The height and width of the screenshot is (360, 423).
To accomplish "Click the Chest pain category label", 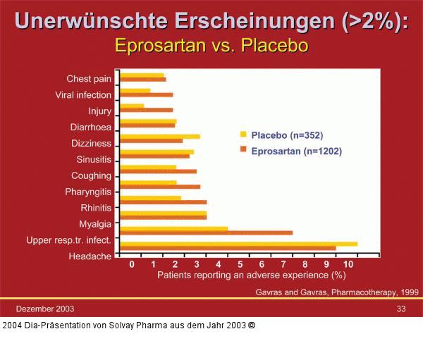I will coord(89,79).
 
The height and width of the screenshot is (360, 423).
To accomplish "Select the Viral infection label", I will coord(83,95).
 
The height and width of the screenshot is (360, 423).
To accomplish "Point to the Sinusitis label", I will coord(94,159).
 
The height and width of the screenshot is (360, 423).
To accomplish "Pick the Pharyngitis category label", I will coord(88,192).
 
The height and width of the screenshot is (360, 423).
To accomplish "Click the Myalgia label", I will coord(95,224).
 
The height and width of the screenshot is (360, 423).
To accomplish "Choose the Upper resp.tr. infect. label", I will coord(68,240).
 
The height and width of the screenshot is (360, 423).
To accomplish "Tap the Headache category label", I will coord(90,256).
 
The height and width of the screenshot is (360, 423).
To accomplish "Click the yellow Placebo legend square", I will coord(243,135).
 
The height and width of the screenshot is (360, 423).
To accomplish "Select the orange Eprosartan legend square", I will coord(243,150).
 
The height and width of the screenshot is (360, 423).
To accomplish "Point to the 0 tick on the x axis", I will coord(132,264).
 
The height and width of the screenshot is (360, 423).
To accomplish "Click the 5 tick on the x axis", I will coord(240,264).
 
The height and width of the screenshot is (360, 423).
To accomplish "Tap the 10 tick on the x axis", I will coord(350,264).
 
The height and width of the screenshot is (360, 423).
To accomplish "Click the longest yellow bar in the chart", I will coord(239,244).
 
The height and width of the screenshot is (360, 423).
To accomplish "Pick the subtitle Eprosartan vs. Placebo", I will coord(211,46).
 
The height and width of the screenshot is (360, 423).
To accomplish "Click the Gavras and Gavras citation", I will coord(336,292).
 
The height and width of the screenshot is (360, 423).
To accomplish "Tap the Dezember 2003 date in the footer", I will coord(45,309).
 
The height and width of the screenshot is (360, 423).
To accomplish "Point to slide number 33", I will coord(400,309).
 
